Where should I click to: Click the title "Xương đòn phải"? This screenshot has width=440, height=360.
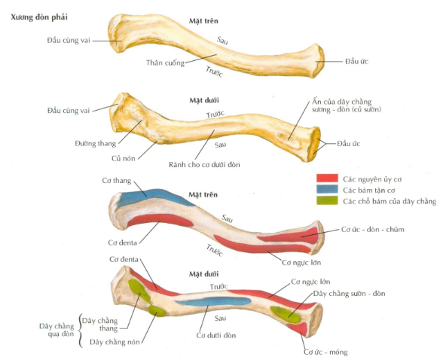[x=39, y=17]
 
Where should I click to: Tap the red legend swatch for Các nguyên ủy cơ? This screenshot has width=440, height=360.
[x=327, y=178]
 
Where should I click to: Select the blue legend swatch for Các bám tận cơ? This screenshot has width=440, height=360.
[x=327, y=189]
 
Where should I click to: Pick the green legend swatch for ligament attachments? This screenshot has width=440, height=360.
[x=327, y=200]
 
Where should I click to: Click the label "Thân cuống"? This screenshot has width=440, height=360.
[x=165, y=63]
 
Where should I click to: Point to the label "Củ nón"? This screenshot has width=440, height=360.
[x=124, y=158]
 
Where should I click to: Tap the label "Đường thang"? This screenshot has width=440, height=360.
[x=96, y=144]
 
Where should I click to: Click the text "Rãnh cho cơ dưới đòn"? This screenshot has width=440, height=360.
[x=204, y=165]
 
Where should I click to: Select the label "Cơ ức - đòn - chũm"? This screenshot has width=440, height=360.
[x=373, y=230]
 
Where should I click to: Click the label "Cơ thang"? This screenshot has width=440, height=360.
[x=117, y=181]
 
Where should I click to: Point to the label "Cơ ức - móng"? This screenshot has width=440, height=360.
[x=325, y=352]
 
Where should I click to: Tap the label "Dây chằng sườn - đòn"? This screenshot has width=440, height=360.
[x=349, y=294]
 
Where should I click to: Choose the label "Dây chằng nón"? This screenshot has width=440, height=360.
[x=115, y=343]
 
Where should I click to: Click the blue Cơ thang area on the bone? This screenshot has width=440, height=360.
[x=151, y=197]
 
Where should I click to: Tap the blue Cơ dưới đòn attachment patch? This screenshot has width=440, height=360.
[x=212, y=302]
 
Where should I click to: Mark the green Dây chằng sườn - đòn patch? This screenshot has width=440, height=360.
[x=286, y=314]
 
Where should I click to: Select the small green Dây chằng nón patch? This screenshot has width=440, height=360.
[x=157, y=310]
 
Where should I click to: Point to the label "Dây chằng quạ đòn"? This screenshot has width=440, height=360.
[x=57, y=330]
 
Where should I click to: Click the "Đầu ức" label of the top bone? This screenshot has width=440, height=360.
[x=356, y=62]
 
